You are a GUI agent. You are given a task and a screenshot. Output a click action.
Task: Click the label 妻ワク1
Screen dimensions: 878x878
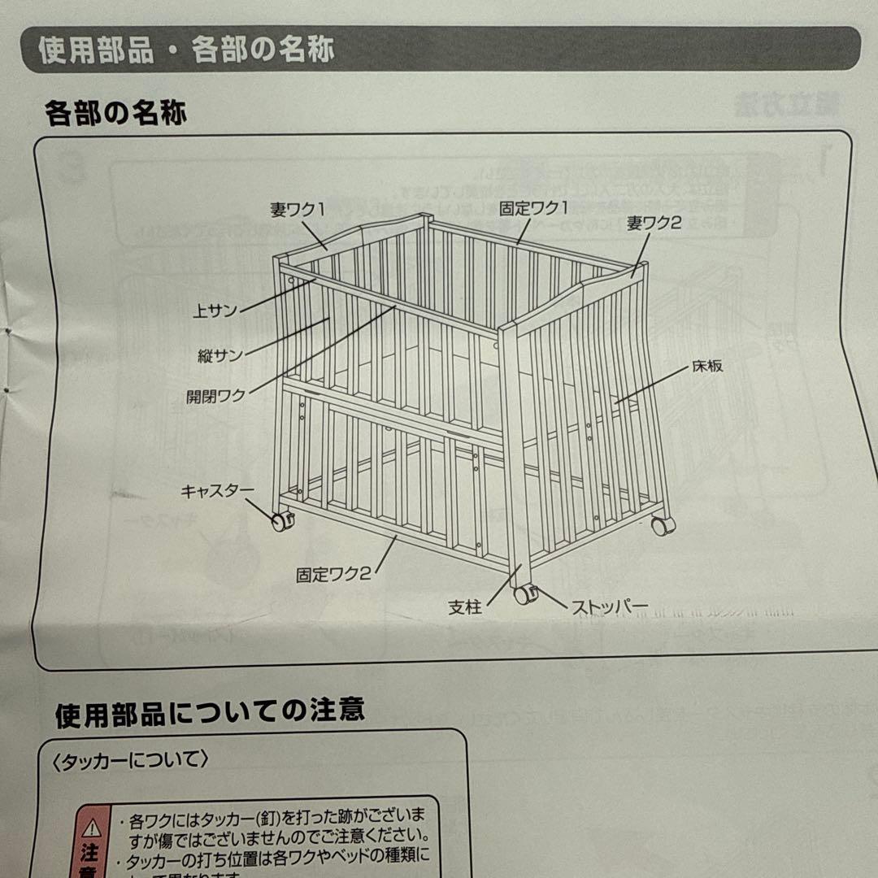coord(297,209)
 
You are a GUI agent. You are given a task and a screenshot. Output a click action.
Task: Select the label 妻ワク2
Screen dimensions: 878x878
coord(653,224)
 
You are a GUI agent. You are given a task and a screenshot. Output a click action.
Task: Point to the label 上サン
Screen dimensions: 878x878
coord(215,311)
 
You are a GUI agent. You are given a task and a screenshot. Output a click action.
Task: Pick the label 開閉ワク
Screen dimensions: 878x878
coord(215,396)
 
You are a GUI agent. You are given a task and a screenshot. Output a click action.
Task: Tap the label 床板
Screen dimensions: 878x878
coord(707,366)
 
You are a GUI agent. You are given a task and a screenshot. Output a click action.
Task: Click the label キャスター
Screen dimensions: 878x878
coord(217,490)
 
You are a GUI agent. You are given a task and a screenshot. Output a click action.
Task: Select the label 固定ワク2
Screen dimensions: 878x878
coord(333,574)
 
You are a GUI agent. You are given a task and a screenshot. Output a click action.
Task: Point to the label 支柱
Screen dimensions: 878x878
coord(465,606)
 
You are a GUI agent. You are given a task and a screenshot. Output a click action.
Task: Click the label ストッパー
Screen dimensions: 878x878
coord(609,606)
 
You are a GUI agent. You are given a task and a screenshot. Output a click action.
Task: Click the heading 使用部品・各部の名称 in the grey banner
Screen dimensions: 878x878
coord(186,50)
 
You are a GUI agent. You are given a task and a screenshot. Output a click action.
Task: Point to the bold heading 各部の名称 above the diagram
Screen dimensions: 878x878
coord(115,112)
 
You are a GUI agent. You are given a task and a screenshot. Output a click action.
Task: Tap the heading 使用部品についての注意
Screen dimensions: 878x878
coord(210,713)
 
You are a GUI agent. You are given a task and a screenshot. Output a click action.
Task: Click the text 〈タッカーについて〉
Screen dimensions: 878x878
coord(129,760)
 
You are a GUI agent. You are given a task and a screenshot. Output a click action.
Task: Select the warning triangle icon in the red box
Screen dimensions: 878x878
coord(90,827)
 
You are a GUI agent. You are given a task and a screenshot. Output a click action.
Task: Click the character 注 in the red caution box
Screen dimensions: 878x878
coord(89,853)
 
